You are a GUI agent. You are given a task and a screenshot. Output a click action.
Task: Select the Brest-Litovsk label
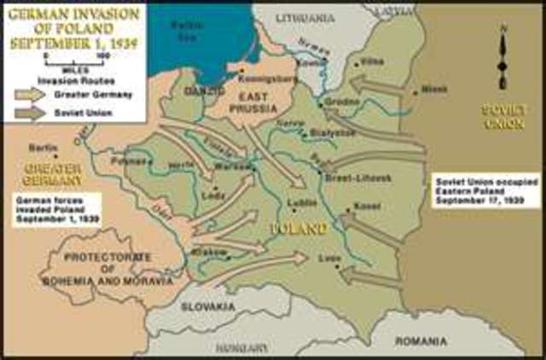tap(358, 177)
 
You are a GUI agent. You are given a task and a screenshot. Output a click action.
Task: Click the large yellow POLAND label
tap(299, 229)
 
